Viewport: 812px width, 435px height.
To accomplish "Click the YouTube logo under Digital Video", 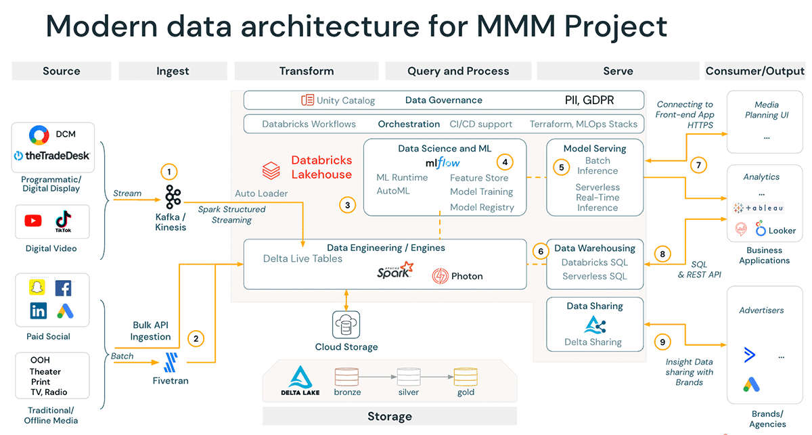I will click(33, 221).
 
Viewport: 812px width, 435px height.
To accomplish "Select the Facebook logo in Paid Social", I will click(63, 288).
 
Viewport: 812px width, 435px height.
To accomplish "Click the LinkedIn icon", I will click(39, 311).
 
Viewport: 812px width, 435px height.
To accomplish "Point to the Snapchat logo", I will click(38, 288).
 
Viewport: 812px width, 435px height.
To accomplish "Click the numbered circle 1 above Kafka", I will click(168, 172).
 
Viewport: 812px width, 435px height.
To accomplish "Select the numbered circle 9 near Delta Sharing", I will click(662, 342).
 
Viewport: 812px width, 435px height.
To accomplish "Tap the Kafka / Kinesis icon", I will click(173, 198).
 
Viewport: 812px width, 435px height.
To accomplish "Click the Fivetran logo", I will click(171, 362).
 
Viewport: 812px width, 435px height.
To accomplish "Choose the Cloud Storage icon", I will click(346, 325).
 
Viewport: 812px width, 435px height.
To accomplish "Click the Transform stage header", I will click(307, 71).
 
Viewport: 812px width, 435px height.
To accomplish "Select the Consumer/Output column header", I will click(754, 71).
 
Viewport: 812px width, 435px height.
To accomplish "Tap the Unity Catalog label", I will click(345, 100).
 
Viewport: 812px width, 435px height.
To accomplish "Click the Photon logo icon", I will click(441, 276).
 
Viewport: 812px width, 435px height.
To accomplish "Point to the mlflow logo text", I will click(443, 163).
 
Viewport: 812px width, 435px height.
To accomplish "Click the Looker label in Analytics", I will click(782, 231).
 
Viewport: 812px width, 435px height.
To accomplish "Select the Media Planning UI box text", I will click(766, 110).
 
